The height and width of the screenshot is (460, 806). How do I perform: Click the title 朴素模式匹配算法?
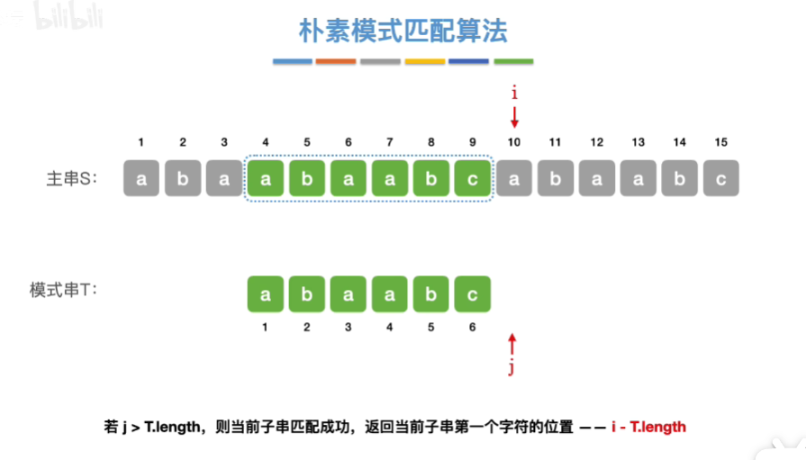click(x=403, y=32)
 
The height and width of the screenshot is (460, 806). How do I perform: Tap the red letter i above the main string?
click(x=514, y=93)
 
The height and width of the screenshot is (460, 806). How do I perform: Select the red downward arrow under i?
click(x=514, y=117)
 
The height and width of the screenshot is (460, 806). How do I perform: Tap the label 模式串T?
click(x=63, y=291)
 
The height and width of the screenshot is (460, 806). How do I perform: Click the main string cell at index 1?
click(x=141, y=179)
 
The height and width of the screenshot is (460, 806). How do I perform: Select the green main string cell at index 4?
click(x=266, y=179)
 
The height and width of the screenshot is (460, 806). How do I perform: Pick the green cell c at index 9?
click(x=472, y=179)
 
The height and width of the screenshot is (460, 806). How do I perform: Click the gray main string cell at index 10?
click(x=514, y=179)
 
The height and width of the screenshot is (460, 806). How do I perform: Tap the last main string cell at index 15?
click(x=720, y=179)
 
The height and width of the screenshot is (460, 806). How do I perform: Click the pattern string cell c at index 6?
click(x=472, y=294)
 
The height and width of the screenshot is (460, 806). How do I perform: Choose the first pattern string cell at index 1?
click(x=266, y=294)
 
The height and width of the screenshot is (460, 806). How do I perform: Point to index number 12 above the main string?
click(x=596, y=142)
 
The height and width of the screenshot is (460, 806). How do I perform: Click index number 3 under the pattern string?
click(x=348, y=327)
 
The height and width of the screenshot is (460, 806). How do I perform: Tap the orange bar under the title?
click(x=336, y=62)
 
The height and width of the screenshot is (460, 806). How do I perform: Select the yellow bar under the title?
click(x=425, y=62)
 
